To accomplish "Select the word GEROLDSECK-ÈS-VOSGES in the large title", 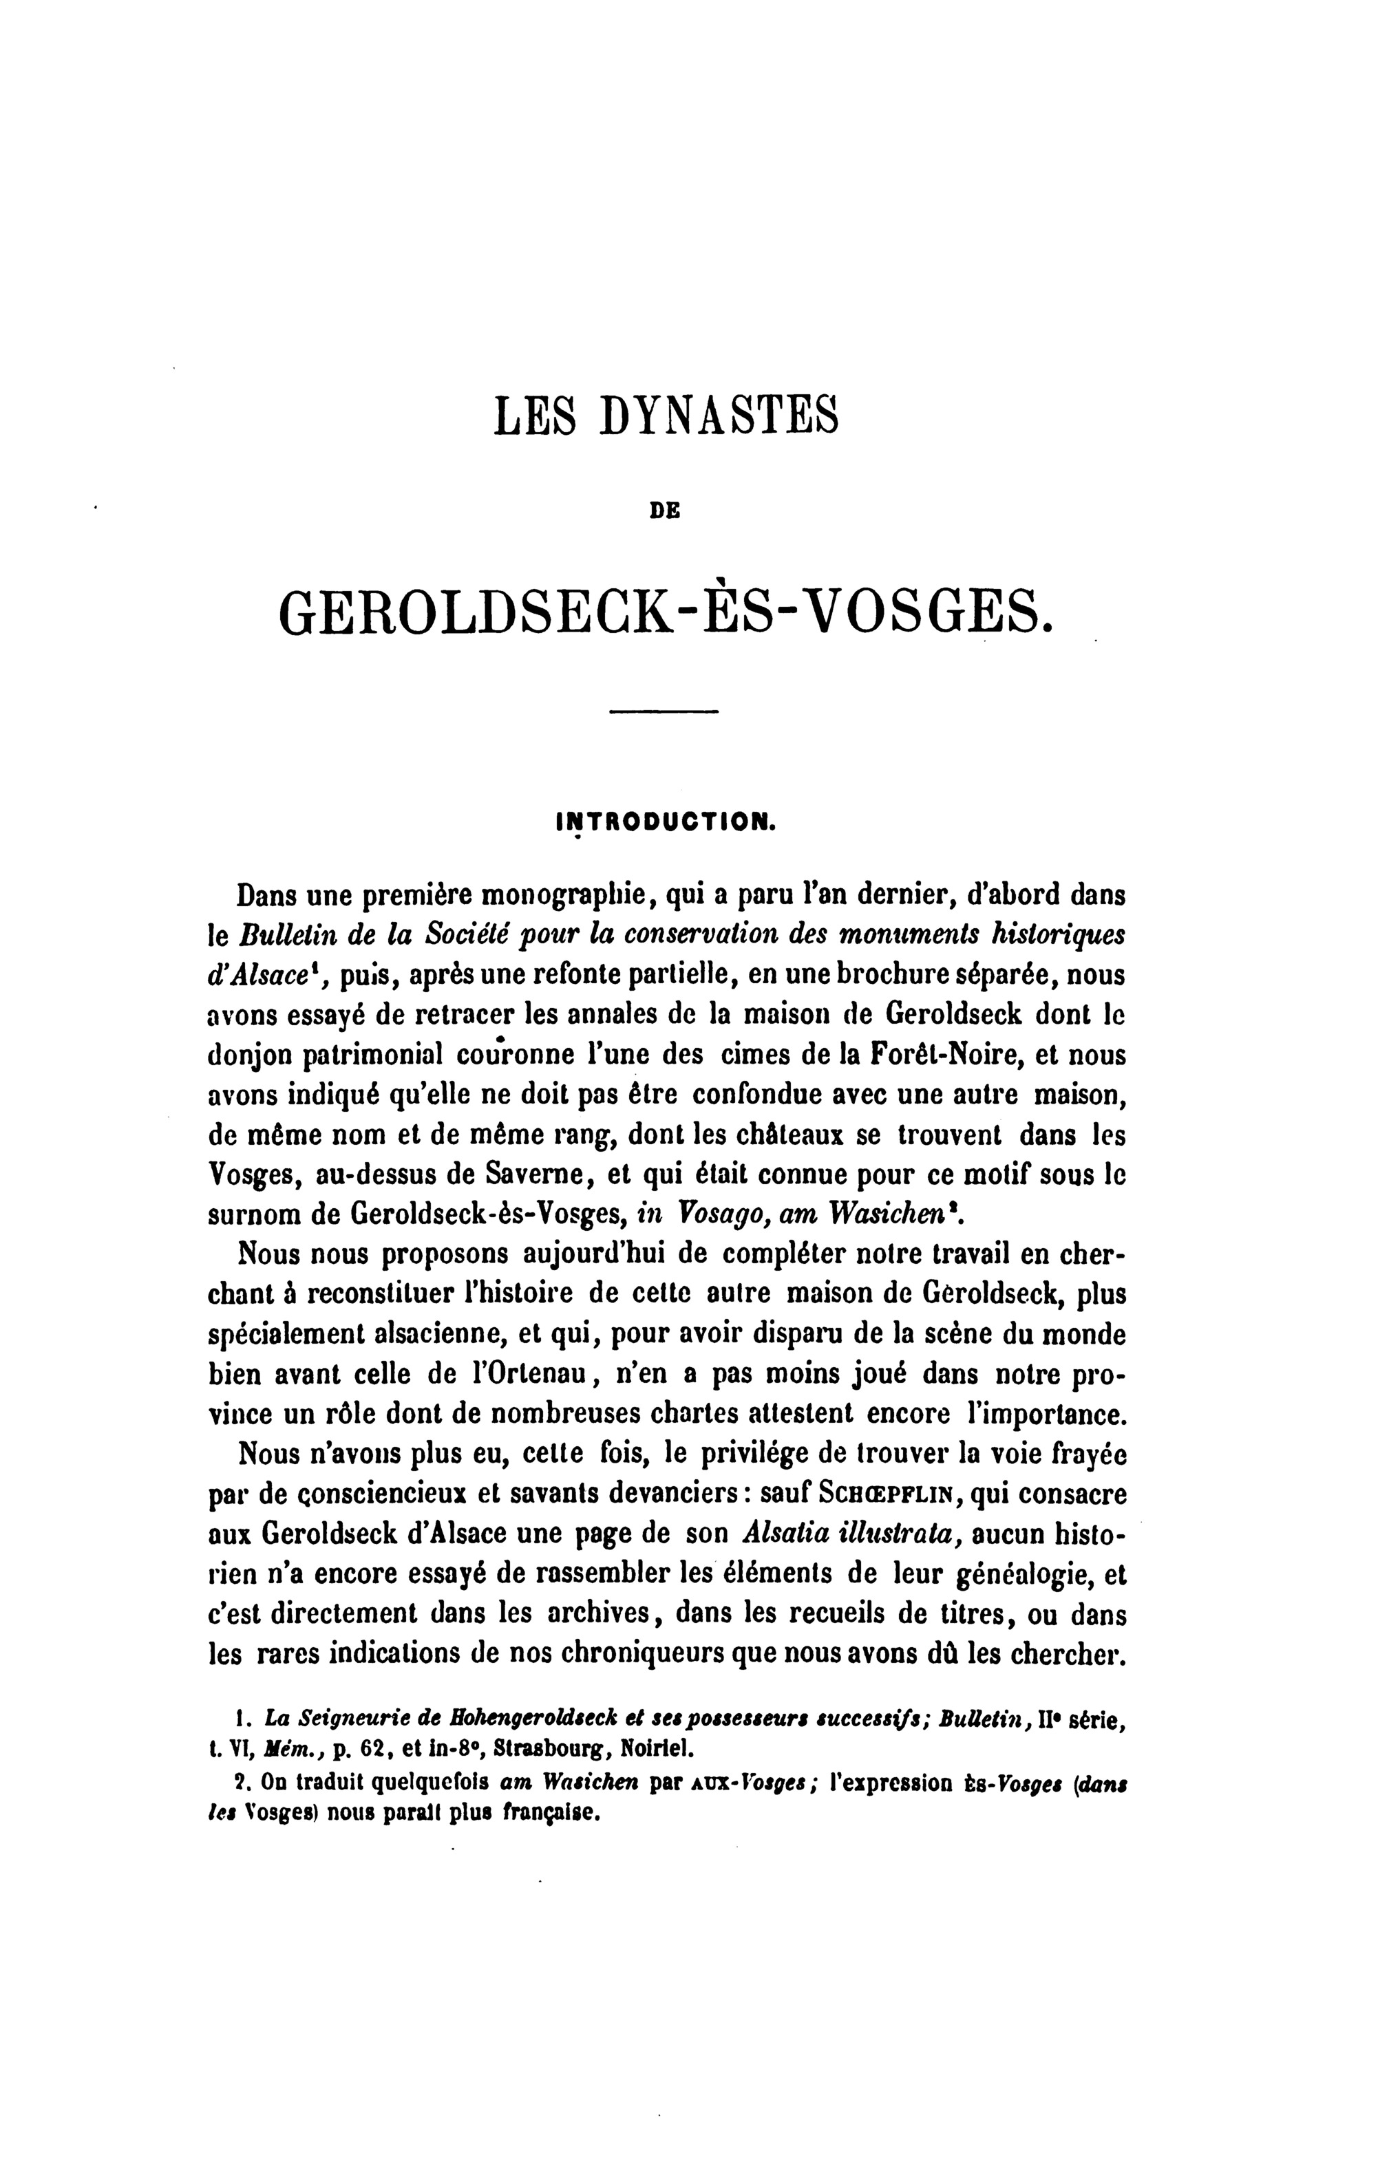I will [x=667, y=613].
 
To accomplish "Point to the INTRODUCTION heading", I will [x=664, y=822].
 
